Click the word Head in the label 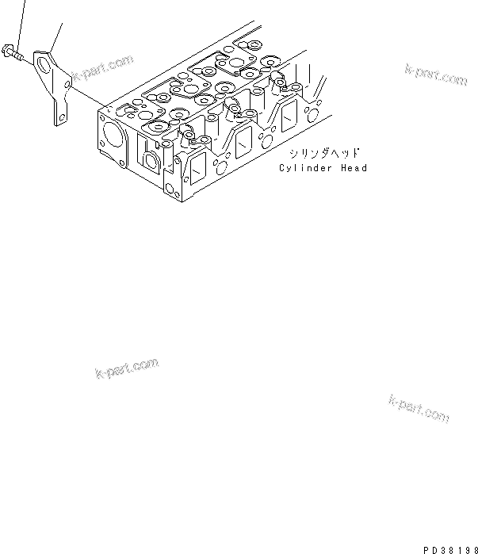point(354,168)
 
